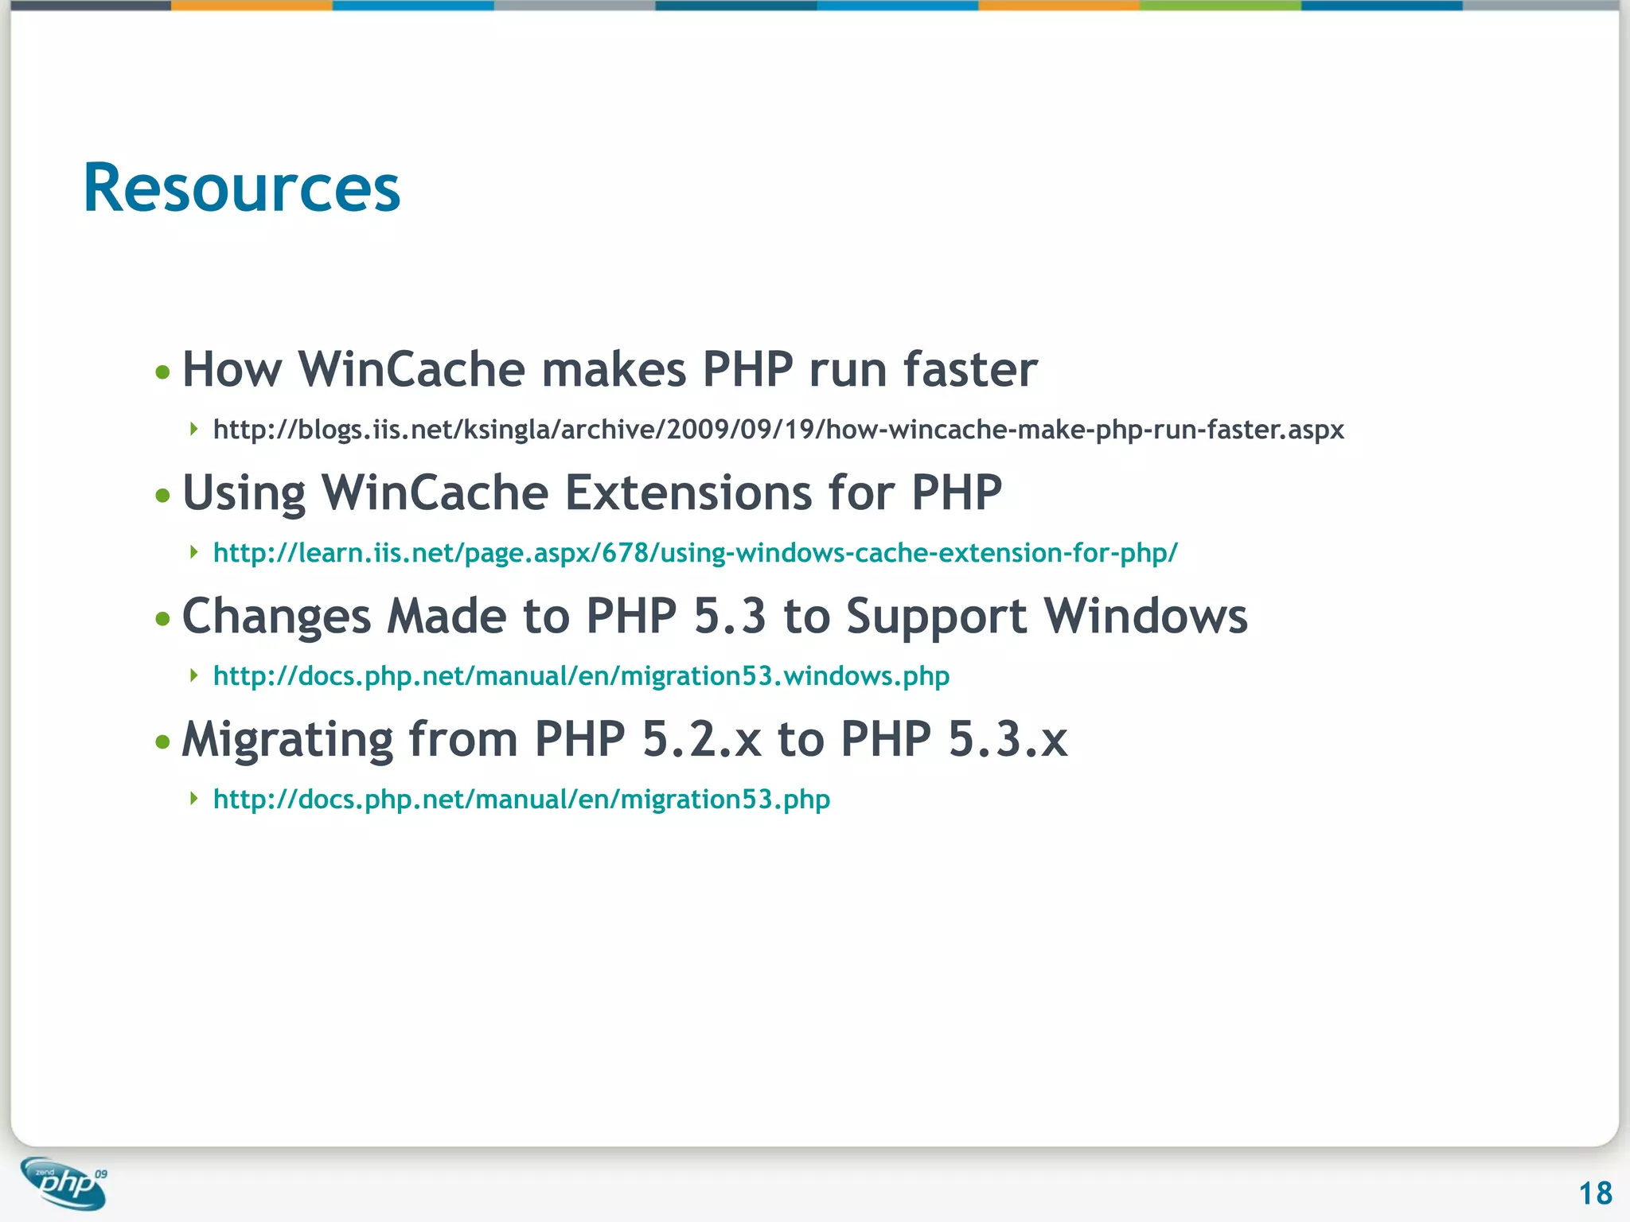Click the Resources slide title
pyautogui.click(x=242, y=189)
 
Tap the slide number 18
pyautogui.click(x=1595, y=1193)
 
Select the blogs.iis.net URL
pyautogui.click(x=778, y=430)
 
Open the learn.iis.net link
pyautogui.click(x=695, y=553)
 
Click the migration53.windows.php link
pyautogui.click(x=581, y=676)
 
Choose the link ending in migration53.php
pyautogui.click(x=521, y=800)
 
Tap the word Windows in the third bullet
pyautogui.click(x=1145, y=617)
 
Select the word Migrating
pyautogui.click(x=287, y=740)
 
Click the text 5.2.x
pyautogui.click(x=701, y=740)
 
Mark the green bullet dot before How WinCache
pyautogui.click(x=163, y=372)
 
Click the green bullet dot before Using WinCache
pyautogui.click(x=163, y=496)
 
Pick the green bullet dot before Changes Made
pyautogui.click(x=163, y=619)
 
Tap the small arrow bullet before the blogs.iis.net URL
pyautogui.click(x=193, y=430)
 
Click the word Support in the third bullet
pyautogui.click(x=936, y=617)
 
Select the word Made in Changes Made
pyautogui.click(x=446, y=617)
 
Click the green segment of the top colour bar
pyautogui.click(x=1220, y=5)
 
